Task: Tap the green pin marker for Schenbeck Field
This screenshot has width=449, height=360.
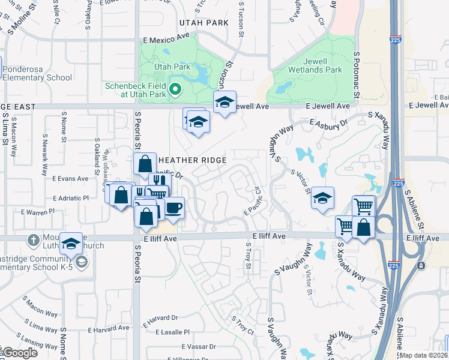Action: tap(175, 91)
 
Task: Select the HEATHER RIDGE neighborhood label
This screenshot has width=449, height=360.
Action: tap(192, 160)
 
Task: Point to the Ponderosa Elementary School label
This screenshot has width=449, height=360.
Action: tap(37, 73)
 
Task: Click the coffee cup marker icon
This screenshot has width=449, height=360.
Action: tap(174, 208)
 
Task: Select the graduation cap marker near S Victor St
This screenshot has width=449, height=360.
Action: tap(322, 198)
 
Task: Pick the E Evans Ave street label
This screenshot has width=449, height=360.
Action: tap(70, 179)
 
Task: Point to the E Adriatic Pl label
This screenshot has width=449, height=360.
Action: tap(70, 198)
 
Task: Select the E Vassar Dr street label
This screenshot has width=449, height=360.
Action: tap(196, 347)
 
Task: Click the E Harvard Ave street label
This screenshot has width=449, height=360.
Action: tap(108, 329)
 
